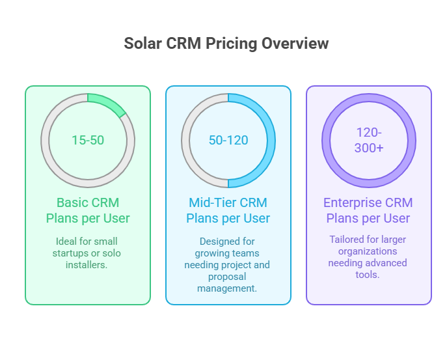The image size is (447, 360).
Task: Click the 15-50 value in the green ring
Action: (88, 140)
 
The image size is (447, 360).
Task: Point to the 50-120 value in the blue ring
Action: (228, 140)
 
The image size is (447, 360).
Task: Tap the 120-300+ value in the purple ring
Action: (369, 140)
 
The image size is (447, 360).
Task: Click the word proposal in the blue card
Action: (228, 277)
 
